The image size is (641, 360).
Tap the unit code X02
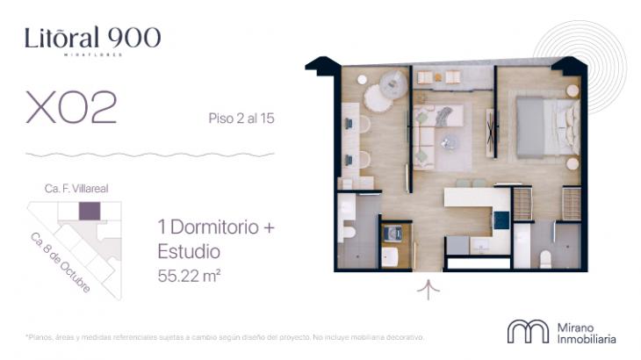pyautogui.click(x=71, y=109)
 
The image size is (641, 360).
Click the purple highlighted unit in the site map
pyautogui.click(x=90, y=211)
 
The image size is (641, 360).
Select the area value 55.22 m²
pyautogui.click(x=188, y=275)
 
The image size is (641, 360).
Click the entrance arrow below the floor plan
pyautogui.click(x=429, y=289)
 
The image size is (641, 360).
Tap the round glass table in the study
pyautogui.click(x=383, y=95)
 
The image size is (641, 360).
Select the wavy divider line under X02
pyautogui.click(x=149, y=155)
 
